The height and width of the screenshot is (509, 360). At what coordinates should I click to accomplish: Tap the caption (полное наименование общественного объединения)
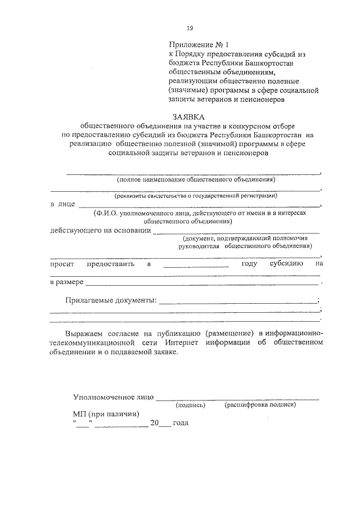196,181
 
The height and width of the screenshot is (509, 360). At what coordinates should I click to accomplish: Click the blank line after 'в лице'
199,205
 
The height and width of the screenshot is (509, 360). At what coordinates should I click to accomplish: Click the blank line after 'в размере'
202,283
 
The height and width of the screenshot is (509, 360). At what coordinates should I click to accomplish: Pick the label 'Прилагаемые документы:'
110,300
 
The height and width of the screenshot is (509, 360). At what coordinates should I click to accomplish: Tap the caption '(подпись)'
190,405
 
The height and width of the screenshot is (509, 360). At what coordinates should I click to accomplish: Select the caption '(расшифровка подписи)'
260,405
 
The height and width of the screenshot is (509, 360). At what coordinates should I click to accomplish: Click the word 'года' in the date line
181,423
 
